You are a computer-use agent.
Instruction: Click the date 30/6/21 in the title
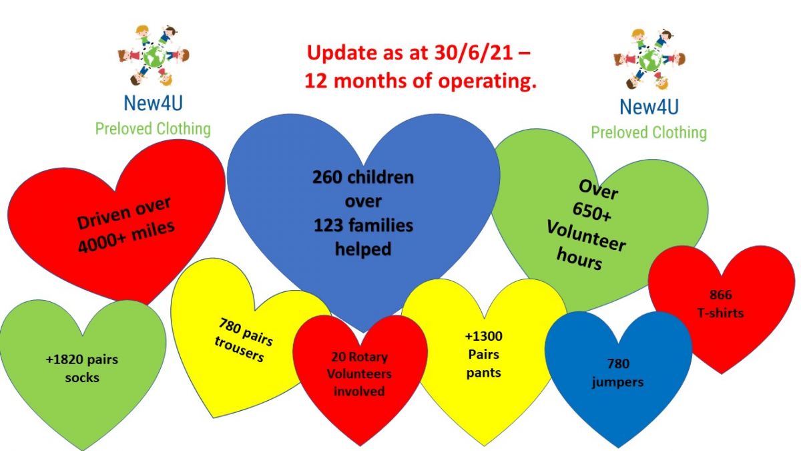click(x=473, y=53)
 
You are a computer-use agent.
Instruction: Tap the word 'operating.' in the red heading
click(x=487, y=82)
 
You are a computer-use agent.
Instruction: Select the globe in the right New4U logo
click(x=649, y=59)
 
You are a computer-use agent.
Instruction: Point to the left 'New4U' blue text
click(x=153, y=103)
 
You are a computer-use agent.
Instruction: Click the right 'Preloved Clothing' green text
click(x=649, y=132)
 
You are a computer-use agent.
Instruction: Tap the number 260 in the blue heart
click(x=327, y=177)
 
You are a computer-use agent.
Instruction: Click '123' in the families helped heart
click(x=328, y=226)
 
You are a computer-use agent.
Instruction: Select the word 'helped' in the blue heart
click(x=363, y=249)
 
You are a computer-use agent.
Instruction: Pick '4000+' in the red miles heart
click(x=99, y=243)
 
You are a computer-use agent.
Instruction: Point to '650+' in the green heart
click(x=592, y=212)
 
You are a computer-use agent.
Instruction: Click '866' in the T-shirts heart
click(x=720, y=295)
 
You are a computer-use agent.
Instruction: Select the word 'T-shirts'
click(x=720, y=313)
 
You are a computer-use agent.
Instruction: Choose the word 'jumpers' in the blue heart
click(x=617, y=382)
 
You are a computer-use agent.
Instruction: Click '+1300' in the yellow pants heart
click(x=483, y=336)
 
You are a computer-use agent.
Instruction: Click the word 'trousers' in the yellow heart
click(x=239, y=349)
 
